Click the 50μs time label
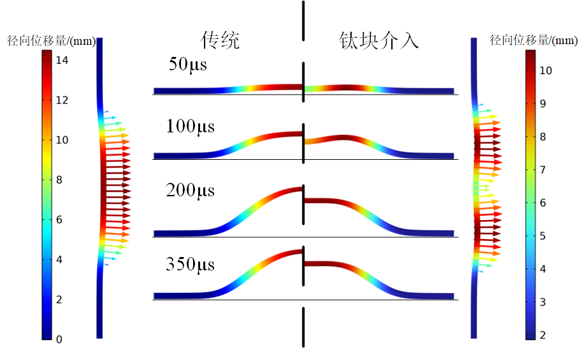188,65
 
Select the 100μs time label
191,127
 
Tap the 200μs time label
191,191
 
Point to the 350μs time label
191,265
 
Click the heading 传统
220,40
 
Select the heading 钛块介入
378,40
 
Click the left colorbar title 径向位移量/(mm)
52,41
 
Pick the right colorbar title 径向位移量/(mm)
533,40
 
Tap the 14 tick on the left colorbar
62,60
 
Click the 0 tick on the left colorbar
59,340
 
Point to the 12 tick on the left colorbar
62,100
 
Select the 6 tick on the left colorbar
59,220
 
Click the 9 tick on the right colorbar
543,104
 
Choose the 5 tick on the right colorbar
543,236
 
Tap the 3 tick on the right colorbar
543,302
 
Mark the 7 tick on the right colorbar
543,169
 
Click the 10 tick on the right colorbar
546,70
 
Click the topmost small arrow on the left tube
106,111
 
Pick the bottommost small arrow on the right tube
481,271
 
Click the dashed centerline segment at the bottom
303,327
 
